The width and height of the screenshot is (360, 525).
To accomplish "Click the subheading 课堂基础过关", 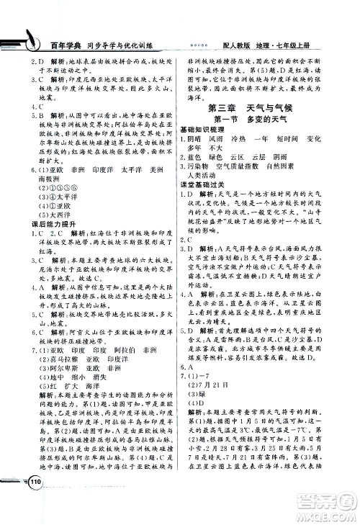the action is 205,184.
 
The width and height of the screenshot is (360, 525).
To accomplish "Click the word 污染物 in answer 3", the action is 202,164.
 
